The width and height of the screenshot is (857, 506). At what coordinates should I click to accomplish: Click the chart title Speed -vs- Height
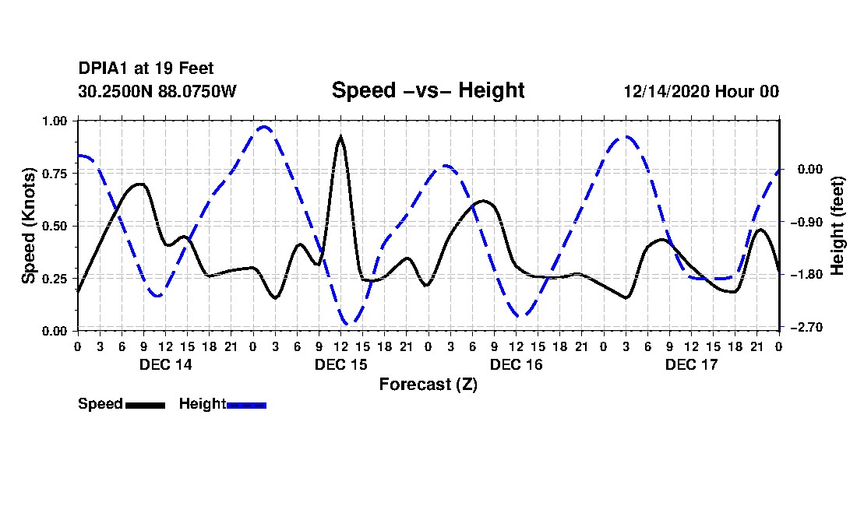click(x=428, y=90)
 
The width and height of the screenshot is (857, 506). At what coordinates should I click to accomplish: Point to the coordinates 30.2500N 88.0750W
click(x=157, y=91)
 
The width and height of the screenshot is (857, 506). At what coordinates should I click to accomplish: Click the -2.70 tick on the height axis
click(x=807, y=327)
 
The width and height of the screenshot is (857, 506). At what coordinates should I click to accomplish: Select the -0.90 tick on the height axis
click(x=807, y=222)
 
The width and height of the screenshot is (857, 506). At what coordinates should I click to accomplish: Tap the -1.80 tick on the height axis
click(x=807, y=275)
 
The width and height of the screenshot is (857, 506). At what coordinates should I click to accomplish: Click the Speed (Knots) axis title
click(x=28, y=226)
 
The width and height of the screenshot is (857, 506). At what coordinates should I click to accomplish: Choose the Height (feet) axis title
click(x=838, y=226)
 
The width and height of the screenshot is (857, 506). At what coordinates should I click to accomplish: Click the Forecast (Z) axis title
click(x=428, y=384)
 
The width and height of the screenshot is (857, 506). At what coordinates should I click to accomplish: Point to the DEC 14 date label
click(x=165, y=364)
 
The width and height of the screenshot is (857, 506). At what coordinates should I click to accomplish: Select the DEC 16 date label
click(x=516, y=364)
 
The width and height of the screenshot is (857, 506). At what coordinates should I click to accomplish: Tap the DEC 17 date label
click(x=691, y=364)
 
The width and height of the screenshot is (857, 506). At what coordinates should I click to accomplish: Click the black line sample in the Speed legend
click(x=145, y=405)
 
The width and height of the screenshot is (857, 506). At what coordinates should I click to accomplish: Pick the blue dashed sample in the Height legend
click(x=246, y=405)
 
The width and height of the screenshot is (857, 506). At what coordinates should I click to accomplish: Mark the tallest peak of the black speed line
click(x=340, y=138)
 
